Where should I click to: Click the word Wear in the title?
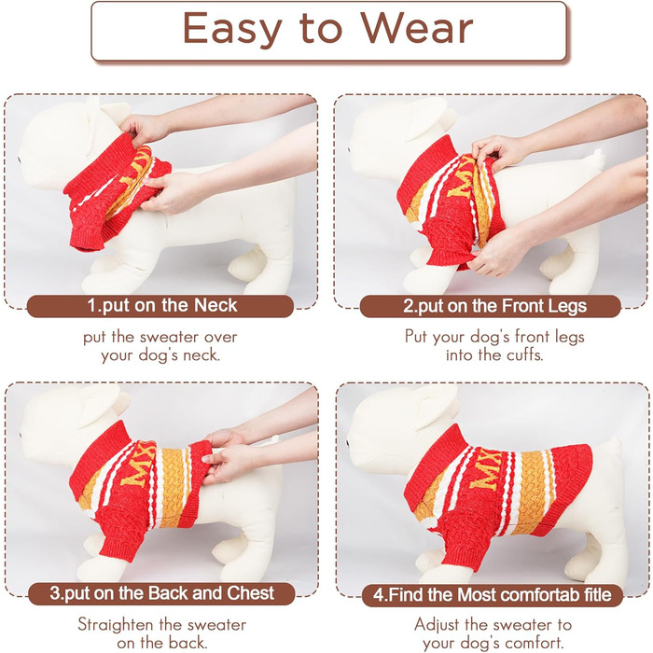[416, 28]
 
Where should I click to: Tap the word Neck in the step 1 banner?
[215, 305]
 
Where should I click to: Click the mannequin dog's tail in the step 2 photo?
[599, 160]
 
